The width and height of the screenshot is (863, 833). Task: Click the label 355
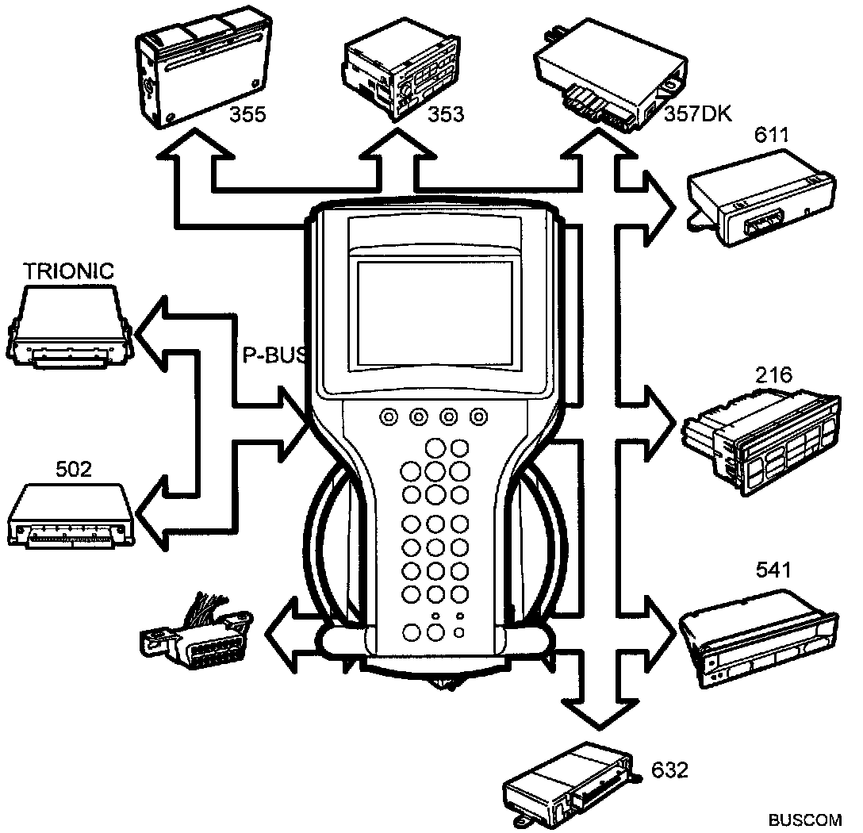pyautogui.click(x=247, y=115)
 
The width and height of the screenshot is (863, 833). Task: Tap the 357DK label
pyautogui.click(x=695, y=117)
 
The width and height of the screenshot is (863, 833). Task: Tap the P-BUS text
pyautogui.click(x=272, y=355)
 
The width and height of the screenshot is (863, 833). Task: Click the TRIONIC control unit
pyautogui.click(x=70, y=325)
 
